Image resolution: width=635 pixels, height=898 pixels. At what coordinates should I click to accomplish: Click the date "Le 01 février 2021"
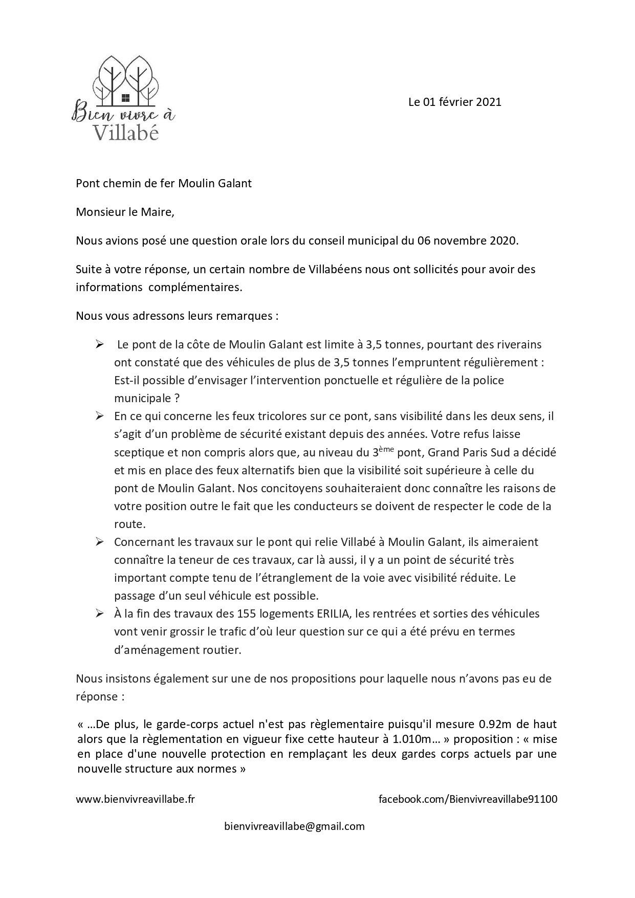[454, 102]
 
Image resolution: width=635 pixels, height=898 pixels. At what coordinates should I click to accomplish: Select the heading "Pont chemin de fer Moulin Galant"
[164, 183]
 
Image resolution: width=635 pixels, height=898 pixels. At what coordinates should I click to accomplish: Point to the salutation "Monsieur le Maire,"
[125, 212]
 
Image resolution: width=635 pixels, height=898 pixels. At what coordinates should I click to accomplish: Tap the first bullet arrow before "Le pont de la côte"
[100, 344]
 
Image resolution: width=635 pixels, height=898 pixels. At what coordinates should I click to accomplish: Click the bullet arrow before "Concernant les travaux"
[100, 542]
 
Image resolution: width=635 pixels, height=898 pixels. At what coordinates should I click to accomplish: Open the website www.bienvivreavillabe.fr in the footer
[135, 799]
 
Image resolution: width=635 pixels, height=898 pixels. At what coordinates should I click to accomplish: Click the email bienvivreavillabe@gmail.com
[294, 826]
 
